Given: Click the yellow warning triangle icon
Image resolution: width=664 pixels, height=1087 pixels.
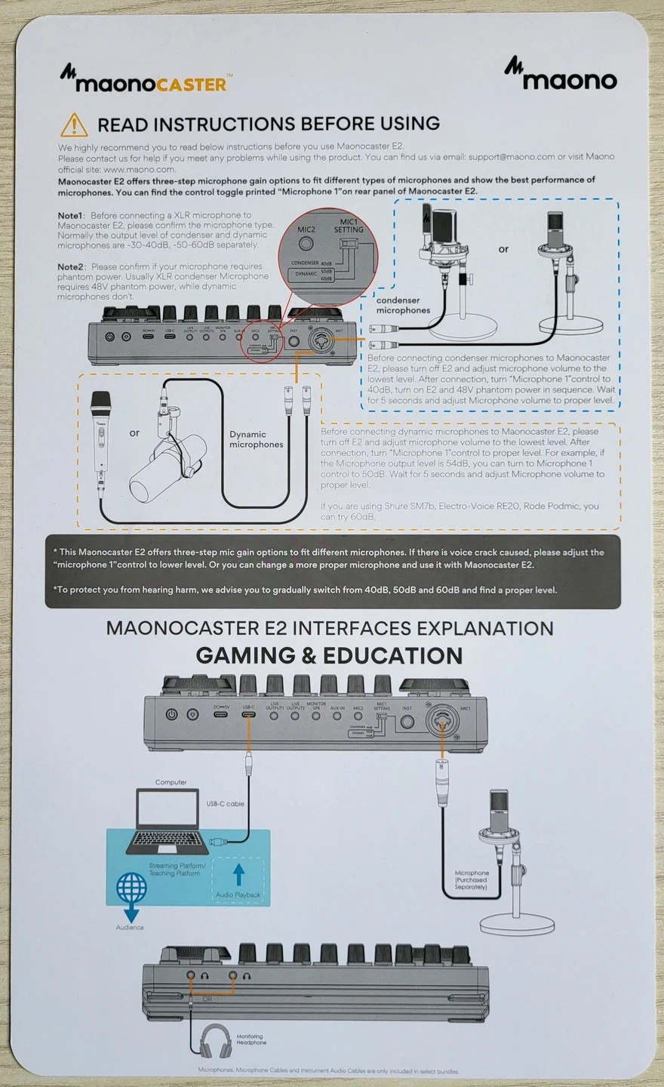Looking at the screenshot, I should tap(74, 125).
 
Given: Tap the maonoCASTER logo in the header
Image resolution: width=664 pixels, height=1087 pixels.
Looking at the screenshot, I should tap(144, 79).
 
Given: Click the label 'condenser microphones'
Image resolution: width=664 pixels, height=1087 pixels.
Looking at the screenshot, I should tap(403, 305).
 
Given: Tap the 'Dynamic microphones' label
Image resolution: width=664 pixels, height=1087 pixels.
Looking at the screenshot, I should tap(256, 439).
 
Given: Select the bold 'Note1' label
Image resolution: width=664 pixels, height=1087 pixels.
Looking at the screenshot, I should tap(72, 215).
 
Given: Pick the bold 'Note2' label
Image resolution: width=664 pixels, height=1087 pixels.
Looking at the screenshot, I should tap(72, 266).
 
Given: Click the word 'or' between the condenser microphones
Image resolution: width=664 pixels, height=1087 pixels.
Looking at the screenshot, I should tap(503, 249).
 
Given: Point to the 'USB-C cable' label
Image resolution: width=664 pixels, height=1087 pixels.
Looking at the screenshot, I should tap(226, 804).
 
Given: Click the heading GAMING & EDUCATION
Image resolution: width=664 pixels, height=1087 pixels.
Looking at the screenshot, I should tap(329, 655).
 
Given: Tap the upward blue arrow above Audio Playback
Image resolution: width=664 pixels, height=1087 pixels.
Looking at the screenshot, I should tap(239, 874).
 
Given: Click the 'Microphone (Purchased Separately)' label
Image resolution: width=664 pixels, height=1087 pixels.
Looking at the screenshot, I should tap(471, 879).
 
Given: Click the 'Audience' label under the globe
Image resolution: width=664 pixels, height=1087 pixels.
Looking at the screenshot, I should tap(130, 927).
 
